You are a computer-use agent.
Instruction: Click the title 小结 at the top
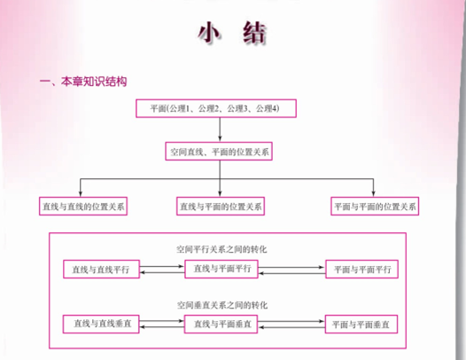point(231,33)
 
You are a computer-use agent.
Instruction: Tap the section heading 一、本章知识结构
point(83,82)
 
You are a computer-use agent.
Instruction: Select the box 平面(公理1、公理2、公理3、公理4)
point(216,108)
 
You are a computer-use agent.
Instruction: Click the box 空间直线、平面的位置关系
point(219,152)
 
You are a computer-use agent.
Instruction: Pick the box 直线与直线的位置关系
point(83,206)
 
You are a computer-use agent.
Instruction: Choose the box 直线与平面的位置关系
point(221,206)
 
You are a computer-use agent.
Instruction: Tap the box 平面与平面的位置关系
point(375,206)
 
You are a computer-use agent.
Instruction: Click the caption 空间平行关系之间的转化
point(221,249)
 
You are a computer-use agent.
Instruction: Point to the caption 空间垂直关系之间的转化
point(222,305)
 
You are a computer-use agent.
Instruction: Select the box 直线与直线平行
point(101,270)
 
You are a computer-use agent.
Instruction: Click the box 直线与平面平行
point(221,269)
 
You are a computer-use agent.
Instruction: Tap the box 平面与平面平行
point(361,269)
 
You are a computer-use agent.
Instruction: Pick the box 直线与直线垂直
point(101,324)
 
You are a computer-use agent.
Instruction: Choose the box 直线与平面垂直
point(221,324)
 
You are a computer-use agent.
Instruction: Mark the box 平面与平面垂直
point(361,324)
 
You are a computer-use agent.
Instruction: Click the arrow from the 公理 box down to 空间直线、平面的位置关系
point(220,129)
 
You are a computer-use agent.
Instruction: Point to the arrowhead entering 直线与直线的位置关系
point(81,193)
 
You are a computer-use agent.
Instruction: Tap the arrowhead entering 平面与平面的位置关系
point(373,193)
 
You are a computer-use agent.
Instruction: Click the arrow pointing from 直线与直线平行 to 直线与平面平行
point(162,266)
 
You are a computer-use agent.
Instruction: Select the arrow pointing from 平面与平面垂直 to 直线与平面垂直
point(291,327)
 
